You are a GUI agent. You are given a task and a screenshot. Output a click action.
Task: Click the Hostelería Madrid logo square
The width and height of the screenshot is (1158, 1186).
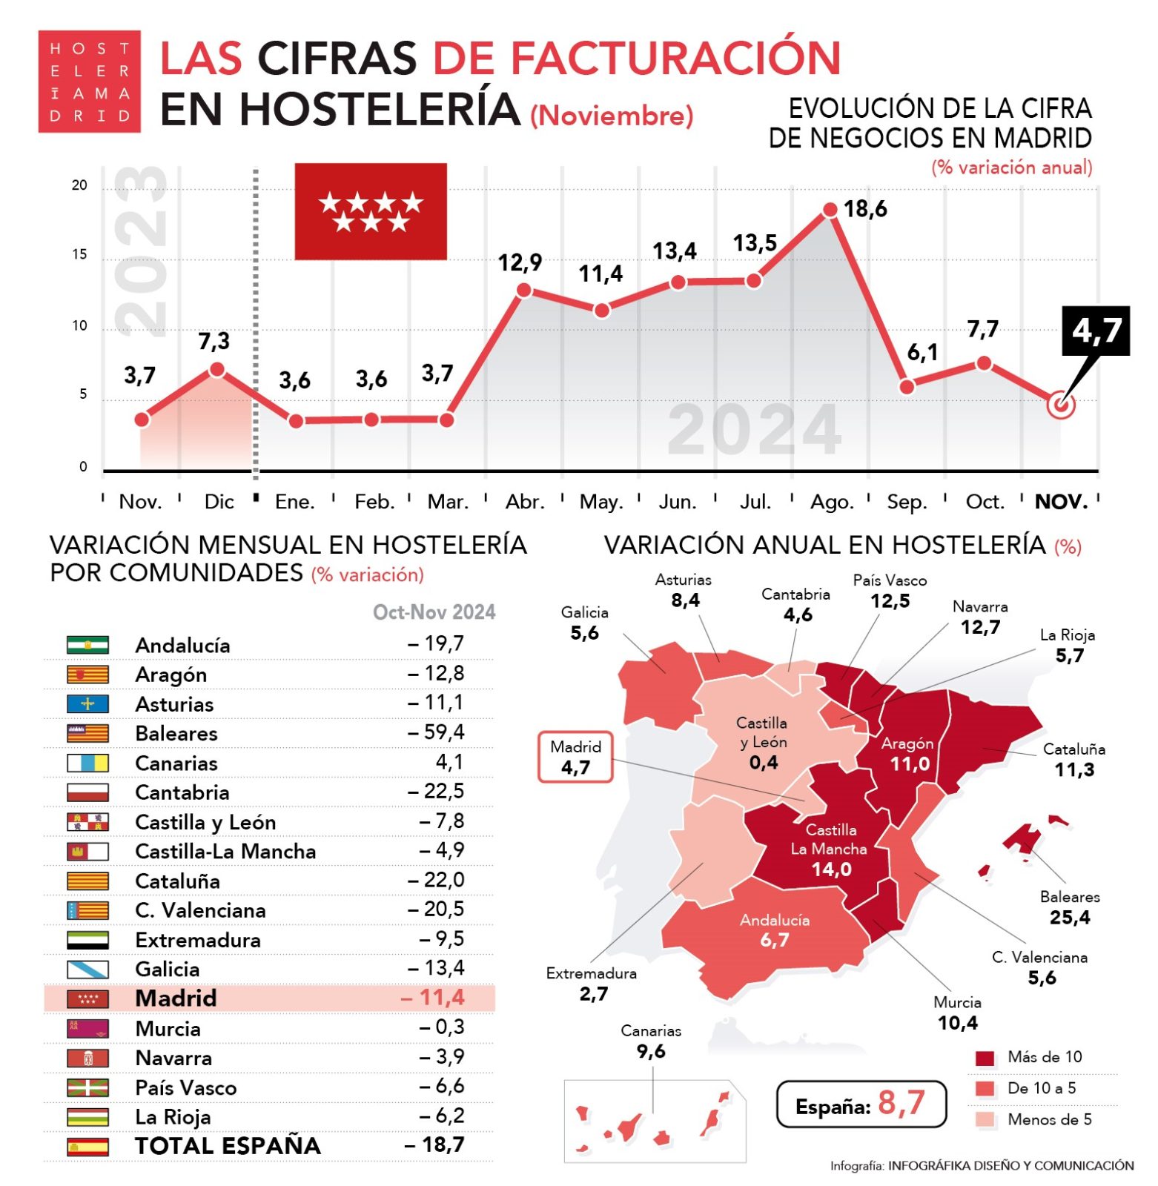(x=89, y=82)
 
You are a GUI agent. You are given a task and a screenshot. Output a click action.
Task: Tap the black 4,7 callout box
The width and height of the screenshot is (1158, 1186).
(x=1095, y=331)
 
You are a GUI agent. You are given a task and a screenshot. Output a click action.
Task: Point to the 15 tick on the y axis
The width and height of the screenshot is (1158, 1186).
(x=79, y=255)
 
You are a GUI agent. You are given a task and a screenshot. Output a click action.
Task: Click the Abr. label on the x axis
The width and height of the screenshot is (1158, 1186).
(x=525, y=502)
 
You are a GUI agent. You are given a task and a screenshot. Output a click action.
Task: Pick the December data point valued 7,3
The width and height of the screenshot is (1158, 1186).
(x=216, y=369)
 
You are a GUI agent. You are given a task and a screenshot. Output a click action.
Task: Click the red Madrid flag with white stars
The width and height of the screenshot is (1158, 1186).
(x=370, y=211)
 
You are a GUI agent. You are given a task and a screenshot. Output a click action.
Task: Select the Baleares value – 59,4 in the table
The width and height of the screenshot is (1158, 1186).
(x=436, y=732)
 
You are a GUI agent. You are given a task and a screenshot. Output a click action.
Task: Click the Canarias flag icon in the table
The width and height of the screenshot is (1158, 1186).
(x=87, y=763)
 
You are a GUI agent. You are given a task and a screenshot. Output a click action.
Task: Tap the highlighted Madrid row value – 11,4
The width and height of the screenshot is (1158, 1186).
(x=433, y=998)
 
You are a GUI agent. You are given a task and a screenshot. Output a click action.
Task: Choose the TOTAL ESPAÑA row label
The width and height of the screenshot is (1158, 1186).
(x=228, y=1146)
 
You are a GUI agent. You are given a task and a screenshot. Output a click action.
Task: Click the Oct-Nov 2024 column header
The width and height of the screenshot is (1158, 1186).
(x=434, y=612)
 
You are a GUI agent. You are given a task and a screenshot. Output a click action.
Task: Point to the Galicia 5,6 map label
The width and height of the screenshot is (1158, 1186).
(x=584, y=623)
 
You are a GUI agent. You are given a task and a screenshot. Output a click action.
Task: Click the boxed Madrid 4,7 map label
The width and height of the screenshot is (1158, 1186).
(x=575, y=757)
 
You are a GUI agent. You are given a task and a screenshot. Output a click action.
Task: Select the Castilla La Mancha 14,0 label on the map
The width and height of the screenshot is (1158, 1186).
(x=830, y=849)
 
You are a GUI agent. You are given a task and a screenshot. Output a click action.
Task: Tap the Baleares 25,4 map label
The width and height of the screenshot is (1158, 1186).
(x=1069, y=907)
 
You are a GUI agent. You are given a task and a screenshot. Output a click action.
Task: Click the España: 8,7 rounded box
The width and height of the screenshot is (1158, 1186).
(x=860, y=1104)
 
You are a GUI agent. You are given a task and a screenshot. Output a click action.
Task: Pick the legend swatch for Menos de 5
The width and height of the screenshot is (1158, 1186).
(x=984, y=1119)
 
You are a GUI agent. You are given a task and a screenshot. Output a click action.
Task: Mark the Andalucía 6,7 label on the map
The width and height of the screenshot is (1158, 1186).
(x=774, y=930)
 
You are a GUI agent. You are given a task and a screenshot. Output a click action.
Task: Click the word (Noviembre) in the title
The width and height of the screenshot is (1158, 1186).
(x=612, y=116)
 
